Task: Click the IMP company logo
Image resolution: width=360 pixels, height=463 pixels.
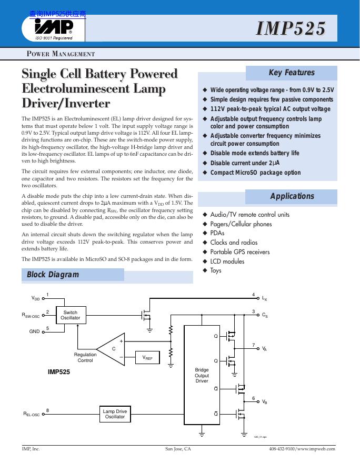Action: (53, 27)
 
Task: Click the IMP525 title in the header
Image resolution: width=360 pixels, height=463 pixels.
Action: (291, 29)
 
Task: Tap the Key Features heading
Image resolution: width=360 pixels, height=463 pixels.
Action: (291, 73)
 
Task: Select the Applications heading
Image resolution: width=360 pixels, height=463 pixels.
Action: (292, 196)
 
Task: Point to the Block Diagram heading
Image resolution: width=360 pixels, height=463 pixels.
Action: (53, 274)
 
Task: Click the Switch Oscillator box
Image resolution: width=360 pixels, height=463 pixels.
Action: (70, 315)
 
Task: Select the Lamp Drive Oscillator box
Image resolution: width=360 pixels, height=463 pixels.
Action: (115, 414)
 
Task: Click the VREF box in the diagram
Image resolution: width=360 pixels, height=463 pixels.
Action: (147, 358)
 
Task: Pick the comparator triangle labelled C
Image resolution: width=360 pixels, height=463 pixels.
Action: (113, 349)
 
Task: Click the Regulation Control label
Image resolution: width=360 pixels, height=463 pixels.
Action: (85, 357)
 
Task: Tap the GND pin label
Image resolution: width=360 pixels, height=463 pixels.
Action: (34, 331)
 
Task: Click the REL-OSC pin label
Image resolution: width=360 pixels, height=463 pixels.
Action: (31, 414)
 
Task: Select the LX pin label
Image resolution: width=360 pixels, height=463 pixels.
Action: (264, 298)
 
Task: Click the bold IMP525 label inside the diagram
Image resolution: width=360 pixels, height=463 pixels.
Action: (59, 371)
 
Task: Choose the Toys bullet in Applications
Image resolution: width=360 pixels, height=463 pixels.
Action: (216, 270)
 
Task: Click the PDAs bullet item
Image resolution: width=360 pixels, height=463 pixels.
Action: (217, 233)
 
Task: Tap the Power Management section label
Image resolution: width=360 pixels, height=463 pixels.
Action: (61, 54)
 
